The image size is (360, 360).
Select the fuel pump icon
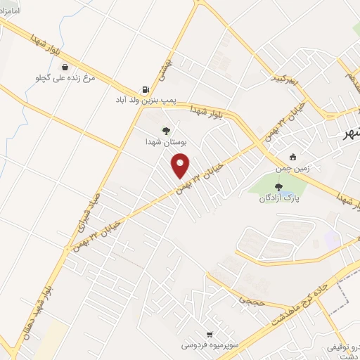[x=146, y=90]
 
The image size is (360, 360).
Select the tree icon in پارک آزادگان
[x=279, y=187]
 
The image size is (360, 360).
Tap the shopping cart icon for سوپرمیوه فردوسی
[x=209, y=334]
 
